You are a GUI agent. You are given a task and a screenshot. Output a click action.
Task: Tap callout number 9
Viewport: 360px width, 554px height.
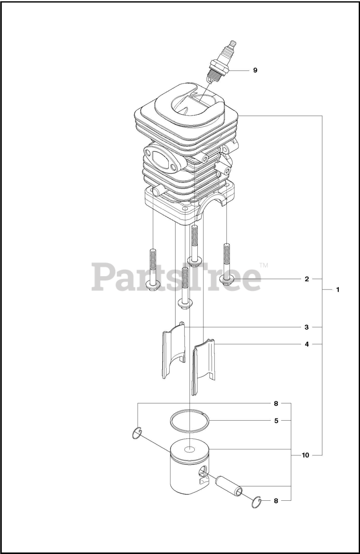point(255,70)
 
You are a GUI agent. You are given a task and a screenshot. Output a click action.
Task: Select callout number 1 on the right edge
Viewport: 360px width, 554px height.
point(337,290)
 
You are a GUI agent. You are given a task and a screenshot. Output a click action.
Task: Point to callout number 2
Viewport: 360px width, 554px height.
point(306,279)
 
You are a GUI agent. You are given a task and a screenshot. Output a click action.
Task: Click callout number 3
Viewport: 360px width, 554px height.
point(306,327)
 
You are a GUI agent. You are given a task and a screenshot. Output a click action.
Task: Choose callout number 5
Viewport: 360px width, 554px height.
point(276,420)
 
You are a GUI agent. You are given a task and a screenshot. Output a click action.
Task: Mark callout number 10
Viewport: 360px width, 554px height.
point(305,455)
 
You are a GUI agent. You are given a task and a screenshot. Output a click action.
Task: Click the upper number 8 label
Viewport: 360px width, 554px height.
point(276,404)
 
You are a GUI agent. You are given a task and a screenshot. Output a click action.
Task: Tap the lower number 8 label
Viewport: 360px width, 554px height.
point(276,501)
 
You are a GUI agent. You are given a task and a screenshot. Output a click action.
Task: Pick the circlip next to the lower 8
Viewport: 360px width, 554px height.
point(257,503)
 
